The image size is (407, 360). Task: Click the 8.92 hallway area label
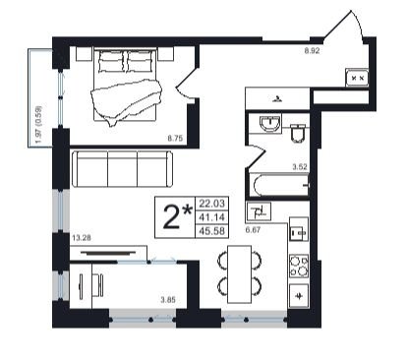pos(312,51)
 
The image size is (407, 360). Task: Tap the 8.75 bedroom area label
pos(175,138)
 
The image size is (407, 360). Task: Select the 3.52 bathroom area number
pos(300,166)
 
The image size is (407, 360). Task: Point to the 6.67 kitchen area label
pos(253,230)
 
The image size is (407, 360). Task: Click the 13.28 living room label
pos(82,238)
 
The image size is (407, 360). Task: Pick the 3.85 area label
pos(168,299)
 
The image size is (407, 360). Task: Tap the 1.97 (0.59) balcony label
pos(38,124)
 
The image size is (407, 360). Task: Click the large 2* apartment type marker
pos(177,216)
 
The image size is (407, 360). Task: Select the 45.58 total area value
pos(212,231)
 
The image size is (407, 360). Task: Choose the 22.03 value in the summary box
pos(212,204)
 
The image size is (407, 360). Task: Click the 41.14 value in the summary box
pos(212,217)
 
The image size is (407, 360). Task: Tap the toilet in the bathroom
pos(298,134)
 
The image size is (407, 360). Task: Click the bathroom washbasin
pos(270,124)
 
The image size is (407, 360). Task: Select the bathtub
pos(279,185)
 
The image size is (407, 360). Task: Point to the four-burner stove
pos(299,266)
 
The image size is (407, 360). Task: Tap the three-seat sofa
pos(122,169)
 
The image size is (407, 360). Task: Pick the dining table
pos(240,274)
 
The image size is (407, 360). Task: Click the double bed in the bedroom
pos(125,86)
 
